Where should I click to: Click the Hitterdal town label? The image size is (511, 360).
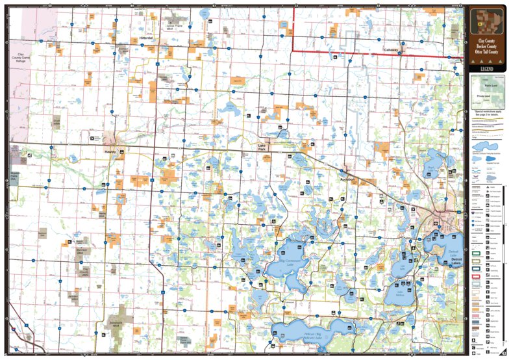(145, 38)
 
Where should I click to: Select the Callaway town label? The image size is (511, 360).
(391, 49)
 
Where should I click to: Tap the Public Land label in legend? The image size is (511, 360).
(486, 84)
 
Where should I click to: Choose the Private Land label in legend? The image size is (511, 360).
(486, 96)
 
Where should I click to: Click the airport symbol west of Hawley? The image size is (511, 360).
(92, 138)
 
